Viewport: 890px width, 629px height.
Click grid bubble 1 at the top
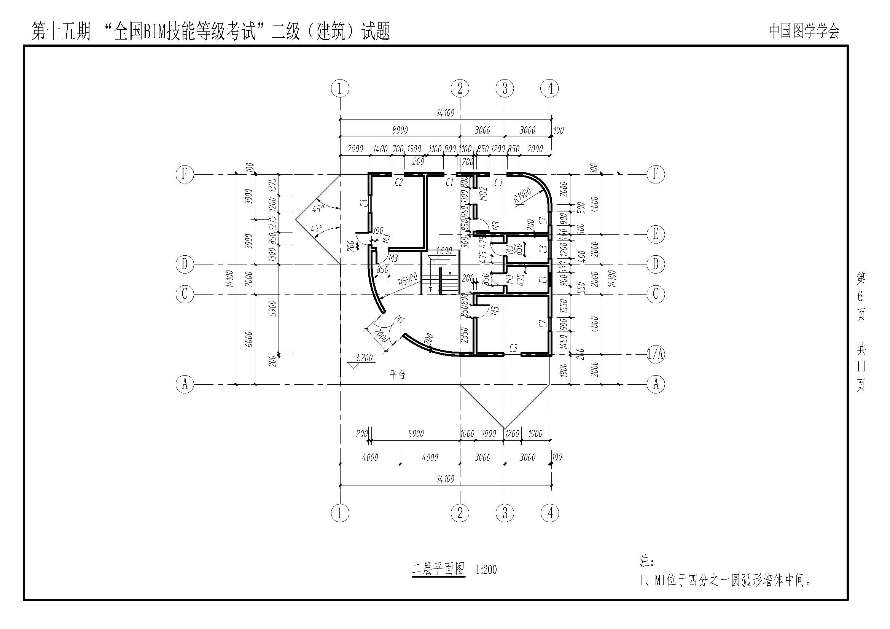(x=340, y=88)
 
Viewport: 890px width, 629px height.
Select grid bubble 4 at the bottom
(x=550, y=513)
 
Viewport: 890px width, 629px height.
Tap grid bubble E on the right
(x=656, y=234)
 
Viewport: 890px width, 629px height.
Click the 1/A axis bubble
(x=656, y=354)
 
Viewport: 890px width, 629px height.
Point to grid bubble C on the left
(x=185, y=294)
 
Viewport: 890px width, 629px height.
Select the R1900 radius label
(x=522, y=195)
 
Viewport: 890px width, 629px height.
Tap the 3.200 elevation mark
(x=364, y=358)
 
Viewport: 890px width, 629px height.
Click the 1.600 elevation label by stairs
(x=444, y=251)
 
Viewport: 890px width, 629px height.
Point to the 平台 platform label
(x=397, y=374)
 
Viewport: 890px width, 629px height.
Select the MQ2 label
(x=483, y=194)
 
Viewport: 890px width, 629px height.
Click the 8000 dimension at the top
(x=400, y=130)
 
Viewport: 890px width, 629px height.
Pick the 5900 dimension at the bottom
(x=416, y=434)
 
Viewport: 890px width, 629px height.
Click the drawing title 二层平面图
(x=438, y=569)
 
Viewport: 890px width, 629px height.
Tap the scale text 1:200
(x=486, y=570)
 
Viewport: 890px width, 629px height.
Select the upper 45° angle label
(x=318, y=209)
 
